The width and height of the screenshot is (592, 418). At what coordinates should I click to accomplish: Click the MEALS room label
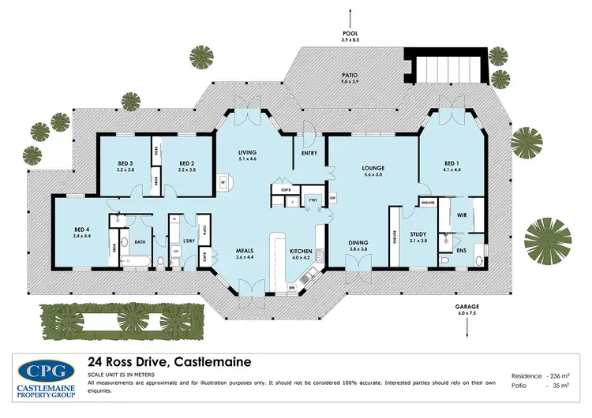(245, 251)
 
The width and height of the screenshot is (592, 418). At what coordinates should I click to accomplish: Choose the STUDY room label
(418, 234)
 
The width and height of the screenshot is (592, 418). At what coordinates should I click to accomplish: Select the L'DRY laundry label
(189, 240)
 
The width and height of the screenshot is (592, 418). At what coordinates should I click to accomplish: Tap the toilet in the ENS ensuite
(446, 259)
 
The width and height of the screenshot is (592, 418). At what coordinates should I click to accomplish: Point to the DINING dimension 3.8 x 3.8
(358, 249)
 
